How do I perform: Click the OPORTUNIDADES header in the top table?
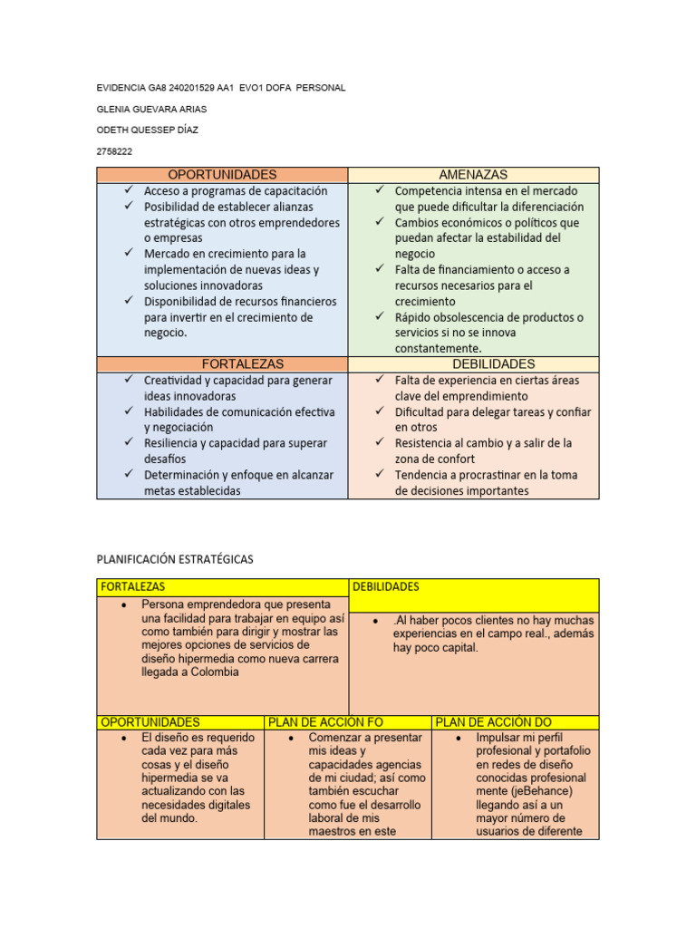click(x=221, y=175)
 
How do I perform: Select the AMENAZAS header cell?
click(x=473, y=175)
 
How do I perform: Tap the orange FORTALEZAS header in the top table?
click(x=221, y=363)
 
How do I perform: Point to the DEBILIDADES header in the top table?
click(x=473, y=363)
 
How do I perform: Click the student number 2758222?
click(x=114, y=151)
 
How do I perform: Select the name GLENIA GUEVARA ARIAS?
click(x=151, y=109)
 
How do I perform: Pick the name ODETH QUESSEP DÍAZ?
click(x=147, y=130)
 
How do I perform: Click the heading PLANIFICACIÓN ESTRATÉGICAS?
click(x=175, y=559)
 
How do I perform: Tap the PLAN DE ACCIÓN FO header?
click(x=325, y=722)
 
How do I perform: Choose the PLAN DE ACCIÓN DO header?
click(x=493, y=722)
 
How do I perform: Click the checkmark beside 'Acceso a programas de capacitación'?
click(x=130, y=190)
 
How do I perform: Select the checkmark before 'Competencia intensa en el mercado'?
click(x=381, y=190)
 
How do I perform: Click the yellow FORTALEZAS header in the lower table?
click(x=133, y=587)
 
